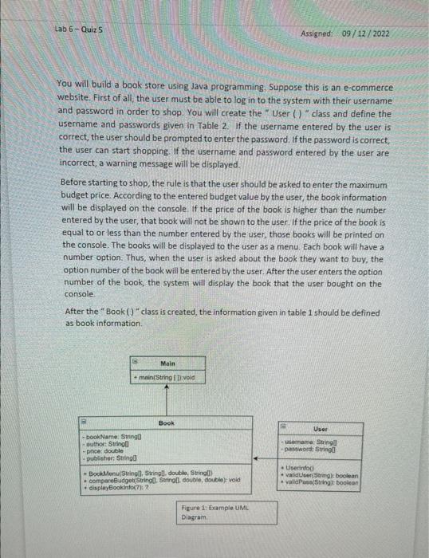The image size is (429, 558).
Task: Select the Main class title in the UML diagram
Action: (167, 363)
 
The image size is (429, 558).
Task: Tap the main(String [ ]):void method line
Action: (167, 375)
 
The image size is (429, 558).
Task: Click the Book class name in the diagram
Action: (167, 423)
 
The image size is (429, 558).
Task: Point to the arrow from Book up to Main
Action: (167, 399)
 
